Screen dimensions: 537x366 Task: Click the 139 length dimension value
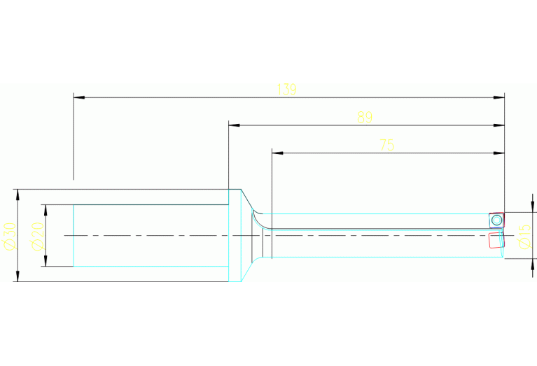[286, 90]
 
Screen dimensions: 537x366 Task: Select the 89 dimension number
[364, 118]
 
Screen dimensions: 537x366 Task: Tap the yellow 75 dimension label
[387, 145]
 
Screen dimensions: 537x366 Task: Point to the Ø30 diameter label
[9, 237]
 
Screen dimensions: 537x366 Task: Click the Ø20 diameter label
[38, 237]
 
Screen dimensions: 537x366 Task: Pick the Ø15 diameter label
[524, 237]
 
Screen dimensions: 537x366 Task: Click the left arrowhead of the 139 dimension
[79, 97]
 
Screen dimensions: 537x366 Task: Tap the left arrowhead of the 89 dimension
[235, 125]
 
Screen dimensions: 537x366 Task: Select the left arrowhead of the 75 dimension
[277, 153]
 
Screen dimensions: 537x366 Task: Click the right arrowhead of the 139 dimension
[499, 97]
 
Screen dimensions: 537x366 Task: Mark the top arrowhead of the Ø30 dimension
[18, 195]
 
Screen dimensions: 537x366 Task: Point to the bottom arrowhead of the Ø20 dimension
[46, 261]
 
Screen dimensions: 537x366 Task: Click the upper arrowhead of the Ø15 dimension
[533, 207]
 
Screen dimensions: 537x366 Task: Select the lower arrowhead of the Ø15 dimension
[533, 265]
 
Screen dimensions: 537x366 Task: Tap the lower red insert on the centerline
[496, 240]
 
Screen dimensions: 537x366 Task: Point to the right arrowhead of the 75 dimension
[499, 153]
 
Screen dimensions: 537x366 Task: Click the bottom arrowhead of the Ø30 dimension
[18, 276]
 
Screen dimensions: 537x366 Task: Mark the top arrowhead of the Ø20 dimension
[46, 210]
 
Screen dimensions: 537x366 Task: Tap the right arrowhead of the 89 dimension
[499, 125]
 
